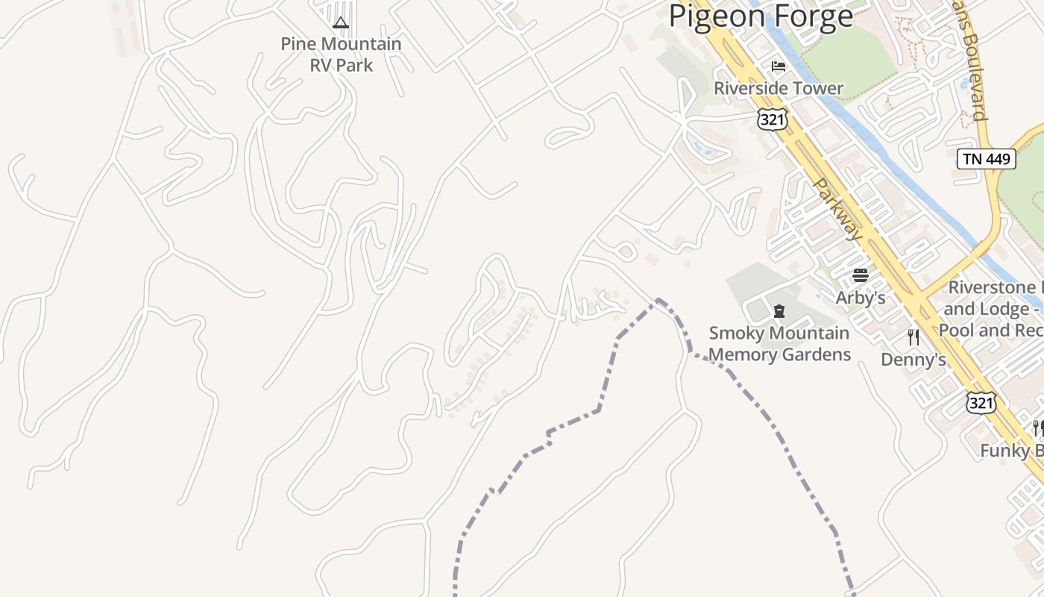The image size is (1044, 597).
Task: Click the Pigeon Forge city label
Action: tap(761, 16)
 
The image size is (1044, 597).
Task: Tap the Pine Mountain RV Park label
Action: tap(341, 54)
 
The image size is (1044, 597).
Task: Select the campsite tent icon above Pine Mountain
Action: tap(341, 23)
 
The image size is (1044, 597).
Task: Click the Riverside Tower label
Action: tap(779, 88)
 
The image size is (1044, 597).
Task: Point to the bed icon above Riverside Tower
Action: tap(779, 66)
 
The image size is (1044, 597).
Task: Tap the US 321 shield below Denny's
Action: tap(981, 402)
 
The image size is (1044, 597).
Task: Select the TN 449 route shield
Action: tap(986, 158)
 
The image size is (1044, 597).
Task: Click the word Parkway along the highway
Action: tap(838, 209)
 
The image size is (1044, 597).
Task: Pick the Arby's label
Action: tap(861, 298)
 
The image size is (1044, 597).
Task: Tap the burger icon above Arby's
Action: tap(861, 275)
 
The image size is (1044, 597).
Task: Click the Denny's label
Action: tap(913, 360)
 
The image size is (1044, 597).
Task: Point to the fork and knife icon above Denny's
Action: tap(913, 337)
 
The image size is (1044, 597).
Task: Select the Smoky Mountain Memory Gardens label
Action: tap(779, 343)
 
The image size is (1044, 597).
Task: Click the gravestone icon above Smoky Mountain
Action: tap(779, 310)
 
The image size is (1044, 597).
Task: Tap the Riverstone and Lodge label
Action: tap(992, 308)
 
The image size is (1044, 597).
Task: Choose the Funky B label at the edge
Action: tap(1011, 451)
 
